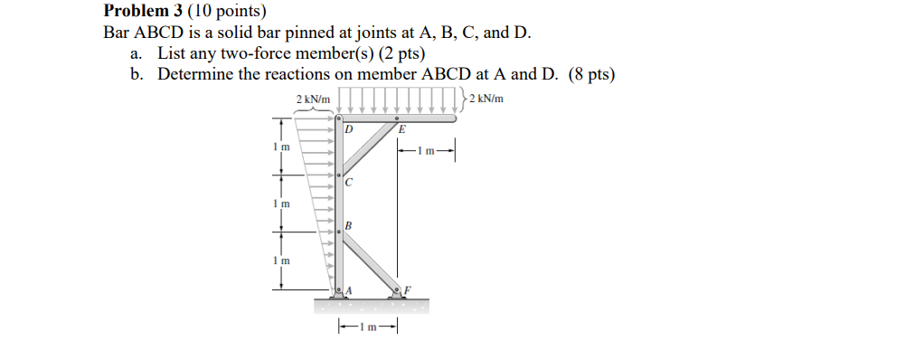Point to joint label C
point(348,184)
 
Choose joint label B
point(348,223)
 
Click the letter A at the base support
point(349,289)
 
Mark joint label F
point(407,289)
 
